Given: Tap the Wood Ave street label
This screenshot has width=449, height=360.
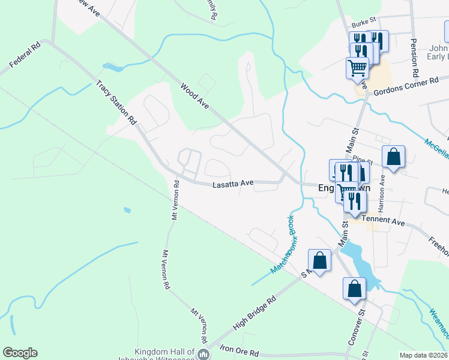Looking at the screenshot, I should pos(194,95).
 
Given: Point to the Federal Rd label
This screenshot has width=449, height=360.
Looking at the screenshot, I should pos(25,55).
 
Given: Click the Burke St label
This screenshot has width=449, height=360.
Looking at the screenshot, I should pos(363,24).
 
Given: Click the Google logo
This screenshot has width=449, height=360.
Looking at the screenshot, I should pos(20,353).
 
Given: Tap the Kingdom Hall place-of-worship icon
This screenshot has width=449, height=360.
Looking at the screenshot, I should pos(203,354).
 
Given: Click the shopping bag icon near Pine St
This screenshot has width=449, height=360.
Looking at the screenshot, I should pos(393,157).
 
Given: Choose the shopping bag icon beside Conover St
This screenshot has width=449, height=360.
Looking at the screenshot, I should pos(355,288).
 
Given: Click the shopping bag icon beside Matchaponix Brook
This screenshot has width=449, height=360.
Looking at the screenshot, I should pos(319,260).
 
